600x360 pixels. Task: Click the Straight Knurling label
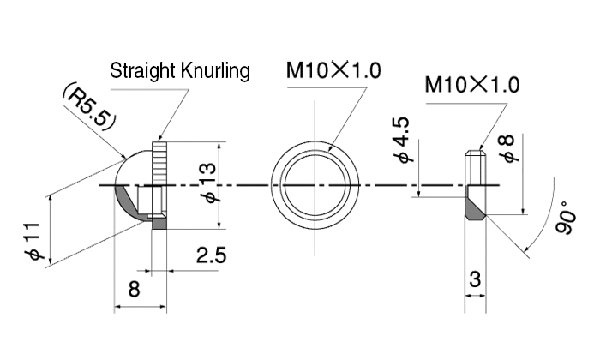point(180,70)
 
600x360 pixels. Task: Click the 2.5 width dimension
point(210,255)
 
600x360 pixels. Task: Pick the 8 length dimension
point(134,289)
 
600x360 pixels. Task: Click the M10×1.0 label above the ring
point(333,70)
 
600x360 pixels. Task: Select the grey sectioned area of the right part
point(474,211)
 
